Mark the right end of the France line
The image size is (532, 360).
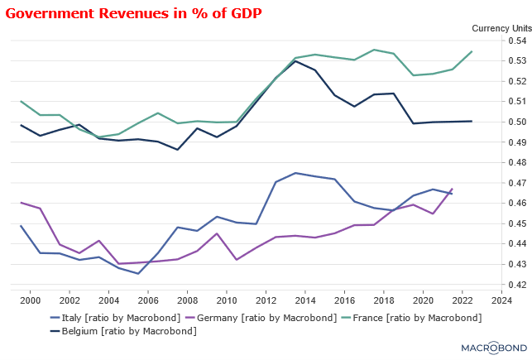tap(472, 51)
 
